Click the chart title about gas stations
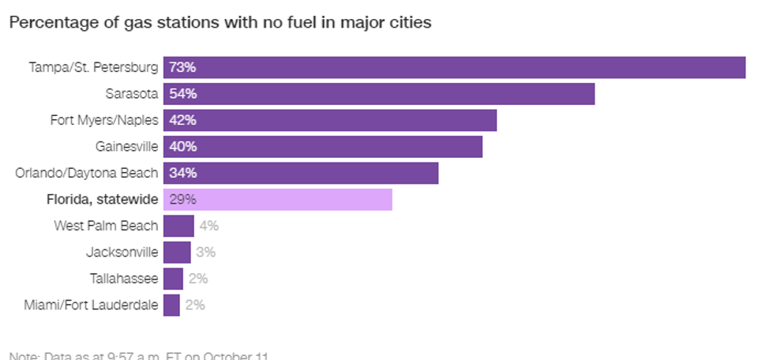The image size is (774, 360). (x=220, y=23)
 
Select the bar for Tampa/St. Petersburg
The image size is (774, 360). (x=454, y=68)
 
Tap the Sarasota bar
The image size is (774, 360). (x=379, y=94)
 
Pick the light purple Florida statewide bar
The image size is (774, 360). (x=278, y=200)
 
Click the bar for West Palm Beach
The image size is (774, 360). (x=178, y=226)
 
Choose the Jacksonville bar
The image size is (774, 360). (x=177, y=253)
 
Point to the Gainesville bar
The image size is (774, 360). (x=322, y=147)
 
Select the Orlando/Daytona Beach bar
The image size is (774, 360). (x=300, y=173)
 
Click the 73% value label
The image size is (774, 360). (x=182, y=68)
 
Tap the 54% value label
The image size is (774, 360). (x=182, y=94)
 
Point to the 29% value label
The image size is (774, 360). (x=182, y=200)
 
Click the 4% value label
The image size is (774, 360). (x=209, y=226)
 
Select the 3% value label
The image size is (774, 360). (x=205, y=253)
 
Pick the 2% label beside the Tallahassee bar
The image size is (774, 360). (x=198, y=279)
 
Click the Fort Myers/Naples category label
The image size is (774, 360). (x=103, y=121)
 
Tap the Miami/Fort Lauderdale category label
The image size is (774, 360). (x=91, y=305)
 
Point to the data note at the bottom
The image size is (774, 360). (x=139, y=355)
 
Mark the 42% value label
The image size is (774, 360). (x=182, y=121)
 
